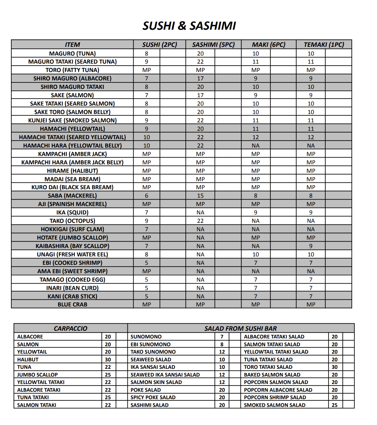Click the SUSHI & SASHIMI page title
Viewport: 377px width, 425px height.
coord(189,26)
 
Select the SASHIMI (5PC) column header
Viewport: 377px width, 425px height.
coord(213,45)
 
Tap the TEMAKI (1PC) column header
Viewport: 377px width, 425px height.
coord(324,45)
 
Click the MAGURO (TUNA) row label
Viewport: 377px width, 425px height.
coord(72,54)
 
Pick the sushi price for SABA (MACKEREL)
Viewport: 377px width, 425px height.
coord(147,196)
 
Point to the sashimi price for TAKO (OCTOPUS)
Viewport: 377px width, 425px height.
coord(200,221)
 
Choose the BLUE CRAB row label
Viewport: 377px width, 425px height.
coord(72,305)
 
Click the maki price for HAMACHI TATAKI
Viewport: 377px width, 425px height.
coord(256,137)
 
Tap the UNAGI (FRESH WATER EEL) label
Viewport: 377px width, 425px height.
coord(72,254)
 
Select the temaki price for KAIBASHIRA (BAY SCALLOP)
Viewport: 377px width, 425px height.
coord(311,246)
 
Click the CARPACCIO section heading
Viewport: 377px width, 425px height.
coord(70,328)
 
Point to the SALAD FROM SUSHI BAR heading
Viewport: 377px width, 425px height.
coord(240,328)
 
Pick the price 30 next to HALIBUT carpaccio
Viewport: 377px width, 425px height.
coord(108,359)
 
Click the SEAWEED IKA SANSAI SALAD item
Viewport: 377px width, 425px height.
coord(165,375)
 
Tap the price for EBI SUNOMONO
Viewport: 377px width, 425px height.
coord(222,344)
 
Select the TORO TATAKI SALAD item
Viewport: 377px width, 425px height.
coord(268,367)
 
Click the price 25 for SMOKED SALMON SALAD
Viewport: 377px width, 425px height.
coord(334,405)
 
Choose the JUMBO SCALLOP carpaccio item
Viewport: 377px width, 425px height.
coord(37,375)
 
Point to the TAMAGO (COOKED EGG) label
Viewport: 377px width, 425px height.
coord(72,280)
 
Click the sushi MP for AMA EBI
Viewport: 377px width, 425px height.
coord(147,271)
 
